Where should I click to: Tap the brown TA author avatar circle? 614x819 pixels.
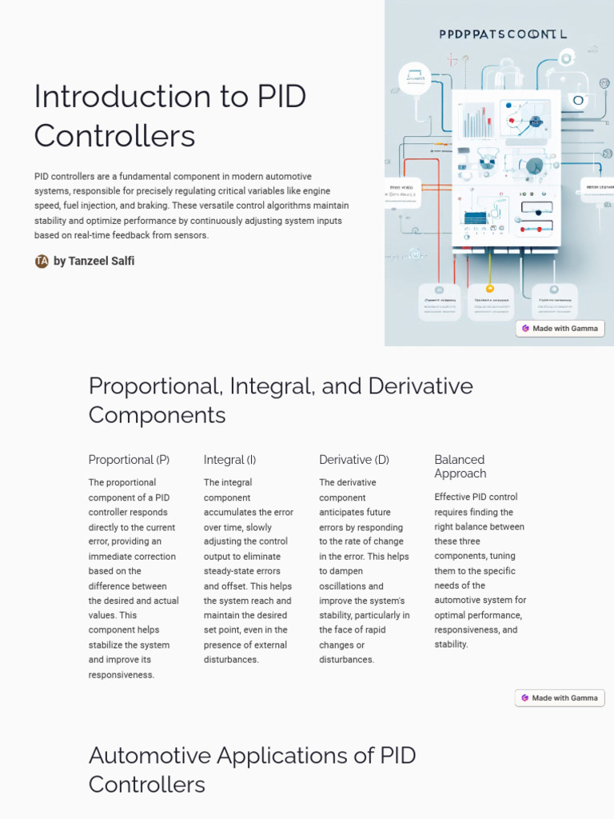42,262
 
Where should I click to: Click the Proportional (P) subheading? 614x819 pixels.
129,460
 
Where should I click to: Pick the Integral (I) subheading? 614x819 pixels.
229,460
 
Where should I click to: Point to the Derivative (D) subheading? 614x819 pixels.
354,460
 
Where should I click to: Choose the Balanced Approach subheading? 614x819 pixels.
460,466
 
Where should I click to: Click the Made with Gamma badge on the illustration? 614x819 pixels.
560,329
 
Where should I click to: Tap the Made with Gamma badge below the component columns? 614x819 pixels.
560,698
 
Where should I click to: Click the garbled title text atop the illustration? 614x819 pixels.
503,34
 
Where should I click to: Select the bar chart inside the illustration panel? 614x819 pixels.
477,121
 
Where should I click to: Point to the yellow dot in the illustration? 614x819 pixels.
490,289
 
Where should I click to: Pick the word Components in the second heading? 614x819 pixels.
157,415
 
